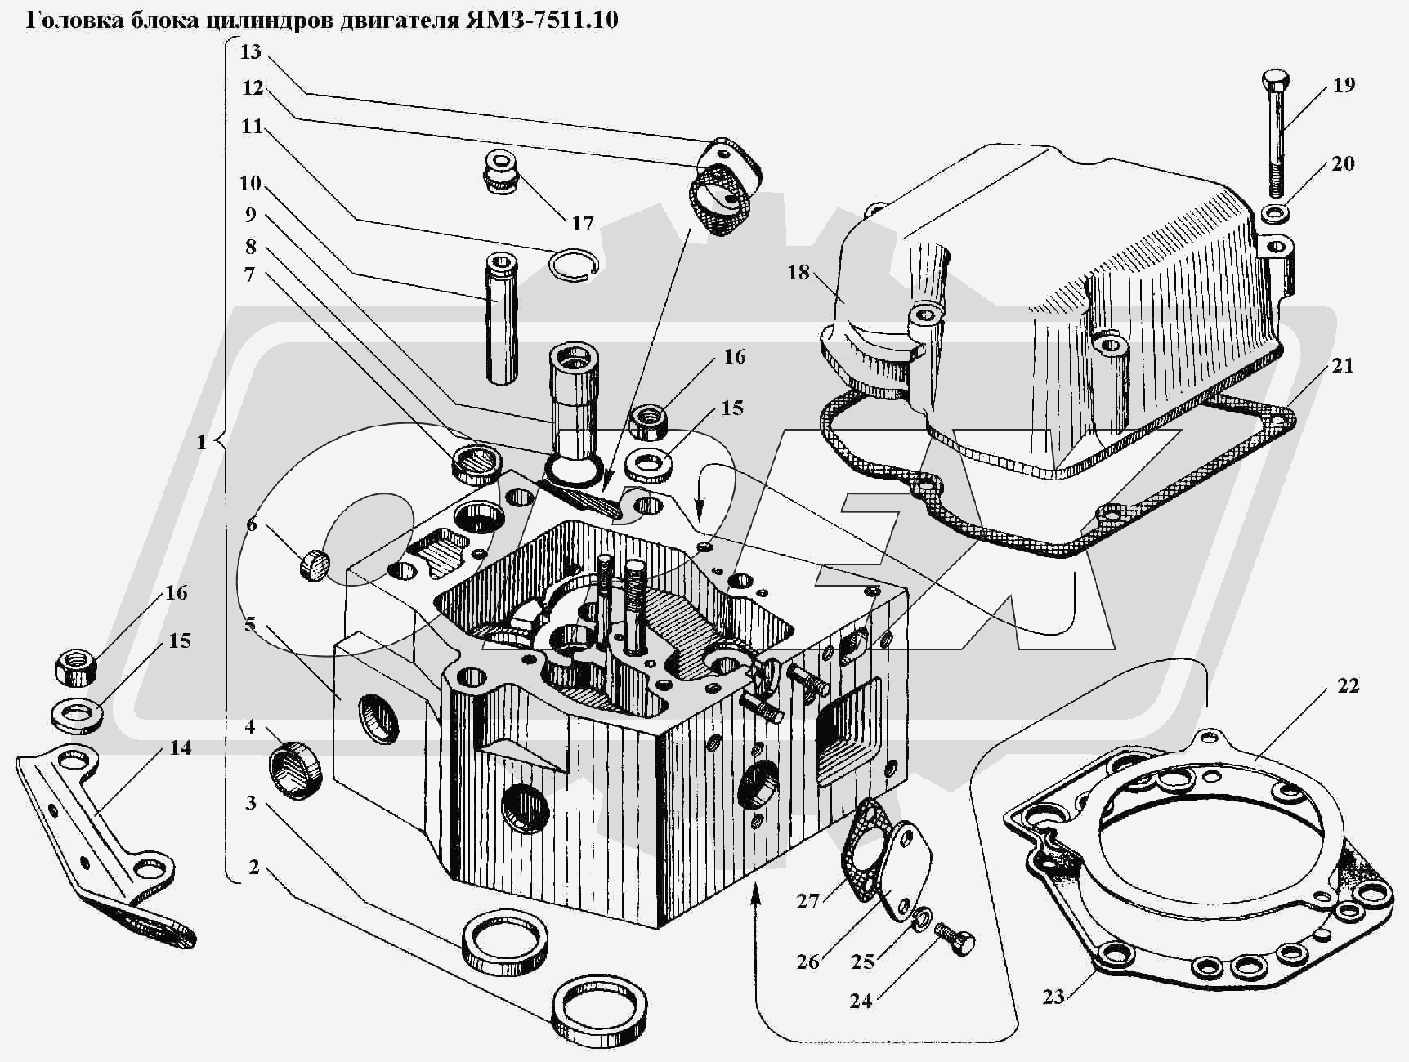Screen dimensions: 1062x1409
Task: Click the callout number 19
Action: pyautogui.click(x=1344, y=85)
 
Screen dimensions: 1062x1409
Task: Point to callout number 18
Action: pyautogui.click(x=798, y=272)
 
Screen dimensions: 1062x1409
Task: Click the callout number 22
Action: pyautogui.click(x=1348, y=685)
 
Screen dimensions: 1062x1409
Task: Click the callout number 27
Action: pyautogui.click(x=807, y=901)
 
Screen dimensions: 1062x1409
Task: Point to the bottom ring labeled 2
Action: pyautogui.click(x=600, y=1008)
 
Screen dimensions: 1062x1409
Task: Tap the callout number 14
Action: pyautogui.click(x=180, y=747)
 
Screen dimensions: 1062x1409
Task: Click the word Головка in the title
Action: pyautogui.click(x=73, y=20)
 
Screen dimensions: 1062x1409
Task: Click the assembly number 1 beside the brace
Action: pyautogui.click(x=201, y=444)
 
